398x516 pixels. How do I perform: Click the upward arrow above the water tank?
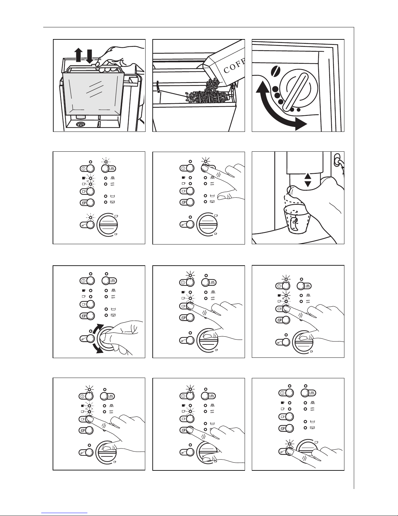(78, 55)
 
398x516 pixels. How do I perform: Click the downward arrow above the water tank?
(89, 56)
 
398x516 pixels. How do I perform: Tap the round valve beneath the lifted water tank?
(80, 124)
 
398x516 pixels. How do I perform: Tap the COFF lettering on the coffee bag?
(234, 66)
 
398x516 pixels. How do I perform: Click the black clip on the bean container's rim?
(158, 87)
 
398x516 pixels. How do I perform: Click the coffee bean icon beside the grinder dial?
(276, 71)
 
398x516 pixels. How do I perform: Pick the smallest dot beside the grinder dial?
(299, 110)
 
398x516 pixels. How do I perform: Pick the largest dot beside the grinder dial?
(275, 90)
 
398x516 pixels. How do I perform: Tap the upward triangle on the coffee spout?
(308, 176)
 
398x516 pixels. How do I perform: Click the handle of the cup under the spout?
(294, 224)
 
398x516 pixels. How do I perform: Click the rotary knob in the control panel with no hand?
(108, 225)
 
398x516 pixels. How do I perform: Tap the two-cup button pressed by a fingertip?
(187, 429)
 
